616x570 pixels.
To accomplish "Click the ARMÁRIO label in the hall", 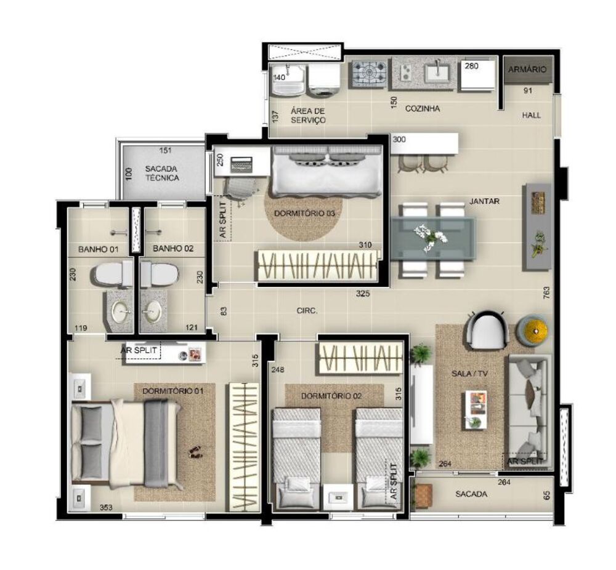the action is click(527, 70).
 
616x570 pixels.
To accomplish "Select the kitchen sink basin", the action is click(437, 73).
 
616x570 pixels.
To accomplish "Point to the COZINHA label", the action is click(423, 108).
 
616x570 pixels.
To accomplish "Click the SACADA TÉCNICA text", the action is click(162, 173).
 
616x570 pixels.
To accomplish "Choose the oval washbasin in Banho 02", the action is click(152, 311).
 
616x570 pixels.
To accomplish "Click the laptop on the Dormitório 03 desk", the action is click(241, 164).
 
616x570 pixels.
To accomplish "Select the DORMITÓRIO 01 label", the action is click(173, 391).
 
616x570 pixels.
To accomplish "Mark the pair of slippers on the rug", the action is click(193, 452).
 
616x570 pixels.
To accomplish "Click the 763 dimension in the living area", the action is click(546, 293).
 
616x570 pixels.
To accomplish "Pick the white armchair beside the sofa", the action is click(487, 330).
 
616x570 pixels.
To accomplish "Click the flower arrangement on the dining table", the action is click(431, 238).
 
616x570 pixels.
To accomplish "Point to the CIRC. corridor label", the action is click(307, 311).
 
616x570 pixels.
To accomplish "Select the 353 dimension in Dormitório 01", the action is click(106, 507).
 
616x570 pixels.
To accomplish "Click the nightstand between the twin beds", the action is click(338, 497).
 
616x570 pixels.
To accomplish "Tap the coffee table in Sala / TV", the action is click(476, 409).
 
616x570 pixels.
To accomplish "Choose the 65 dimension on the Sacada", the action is click(546, 496).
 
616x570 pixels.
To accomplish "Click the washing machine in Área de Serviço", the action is click(324, 81).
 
